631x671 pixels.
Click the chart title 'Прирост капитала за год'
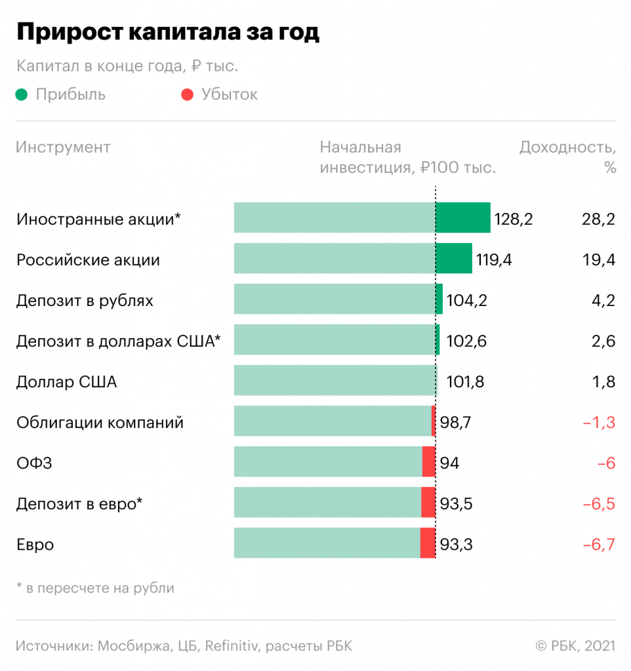[167, 32]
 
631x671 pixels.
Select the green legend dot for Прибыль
[22, 94]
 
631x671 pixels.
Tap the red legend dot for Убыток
[188, 94]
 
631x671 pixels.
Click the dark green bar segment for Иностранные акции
[462, 218]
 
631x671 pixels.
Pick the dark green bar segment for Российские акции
[453, 258]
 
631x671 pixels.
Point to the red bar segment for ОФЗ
[428, 461]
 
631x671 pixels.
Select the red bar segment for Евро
[428, 543]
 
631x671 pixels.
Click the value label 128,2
[514, 219]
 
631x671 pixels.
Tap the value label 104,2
[466, 301]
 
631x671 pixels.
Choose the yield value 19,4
[598, 260]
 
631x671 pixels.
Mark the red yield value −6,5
[598, 504]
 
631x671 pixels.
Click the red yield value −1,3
[598, 423]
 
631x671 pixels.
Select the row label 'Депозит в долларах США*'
[119, 341]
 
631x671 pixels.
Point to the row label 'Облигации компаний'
[100, 423]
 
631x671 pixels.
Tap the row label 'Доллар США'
[66, 382]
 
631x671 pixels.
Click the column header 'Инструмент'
[63, 147]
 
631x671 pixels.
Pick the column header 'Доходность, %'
[568, 156]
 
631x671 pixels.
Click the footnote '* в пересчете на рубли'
[95, 588]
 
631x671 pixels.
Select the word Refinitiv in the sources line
[233, 645]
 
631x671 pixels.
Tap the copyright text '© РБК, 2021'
[575, 645]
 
